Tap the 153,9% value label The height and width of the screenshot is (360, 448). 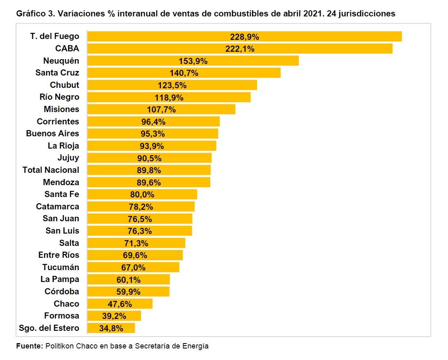click(x=193, y=61)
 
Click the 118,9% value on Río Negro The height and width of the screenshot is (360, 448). click(x=169, y=98)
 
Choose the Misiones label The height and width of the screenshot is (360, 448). click(x=61, y=110)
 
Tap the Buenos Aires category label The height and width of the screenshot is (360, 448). click(x=53, y=134)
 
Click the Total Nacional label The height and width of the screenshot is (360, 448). click(x=51, y=170)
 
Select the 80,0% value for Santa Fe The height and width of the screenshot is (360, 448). click(x=142, y=195)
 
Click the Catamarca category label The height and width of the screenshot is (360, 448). click(x=57, y=206)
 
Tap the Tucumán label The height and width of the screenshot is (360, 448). click(x=61, y=267)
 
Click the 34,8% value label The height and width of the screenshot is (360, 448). click(x=111, y=328)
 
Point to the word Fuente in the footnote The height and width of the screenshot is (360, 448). click(x=29, y=346)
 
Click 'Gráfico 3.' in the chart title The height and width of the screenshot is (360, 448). click(x=35, y=14)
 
